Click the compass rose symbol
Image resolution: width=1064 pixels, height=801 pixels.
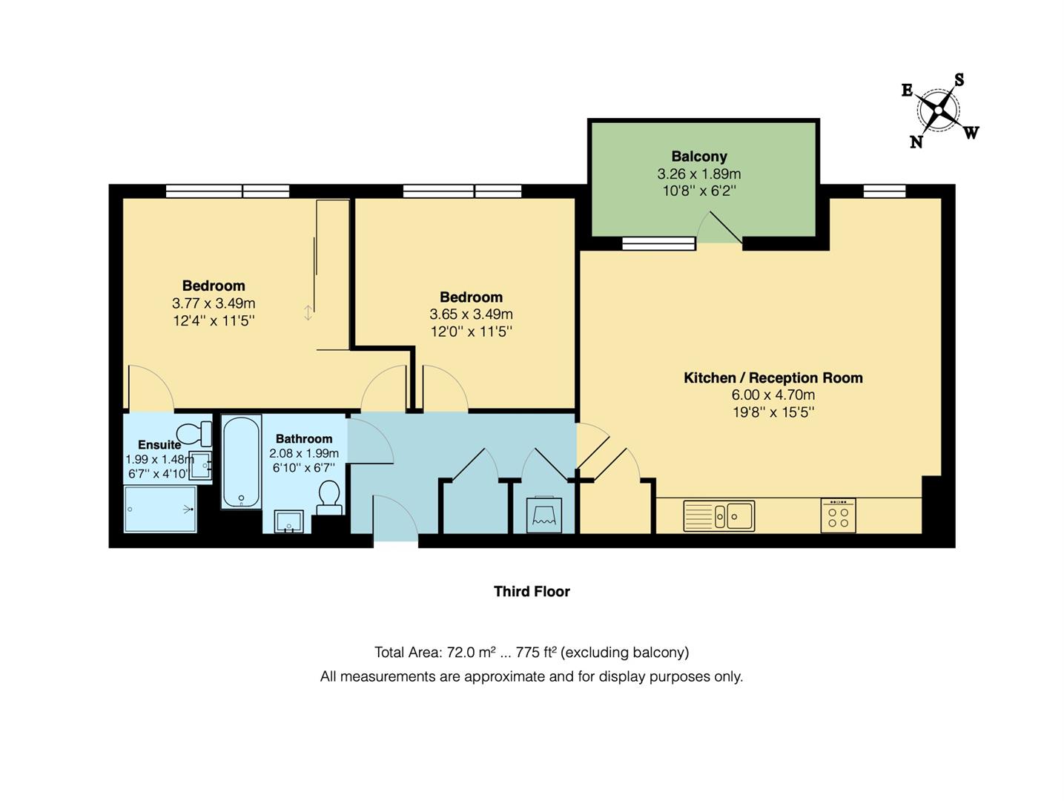click(939, 111)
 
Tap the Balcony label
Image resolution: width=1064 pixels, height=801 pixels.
click(698, 156)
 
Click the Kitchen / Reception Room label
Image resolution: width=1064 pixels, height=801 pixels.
click(773, 378)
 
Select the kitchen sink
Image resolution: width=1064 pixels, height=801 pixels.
click(718, 515)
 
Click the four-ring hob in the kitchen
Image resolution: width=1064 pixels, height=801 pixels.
click(838, 515)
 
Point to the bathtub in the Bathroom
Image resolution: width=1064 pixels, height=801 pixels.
click(241, 462)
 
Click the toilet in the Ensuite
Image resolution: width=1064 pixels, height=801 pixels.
click(194, 432)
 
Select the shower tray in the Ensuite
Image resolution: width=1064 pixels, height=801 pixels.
click(160, 509)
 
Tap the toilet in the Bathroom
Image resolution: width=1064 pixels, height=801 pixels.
click(328, 496)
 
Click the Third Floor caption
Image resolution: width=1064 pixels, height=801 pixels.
click(532, 591)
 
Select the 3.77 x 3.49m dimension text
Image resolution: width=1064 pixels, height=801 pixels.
click(214, 303)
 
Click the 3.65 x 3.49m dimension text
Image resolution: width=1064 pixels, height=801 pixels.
click(471, 314)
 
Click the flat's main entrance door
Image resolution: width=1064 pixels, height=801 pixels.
click(396, 519)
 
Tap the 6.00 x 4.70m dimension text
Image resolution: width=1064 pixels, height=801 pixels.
click(773, 395)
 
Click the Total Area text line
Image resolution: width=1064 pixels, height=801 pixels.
click(531, 652)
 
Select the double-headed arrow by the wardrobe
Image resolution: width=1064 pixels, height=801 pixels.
click(308, 313)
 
